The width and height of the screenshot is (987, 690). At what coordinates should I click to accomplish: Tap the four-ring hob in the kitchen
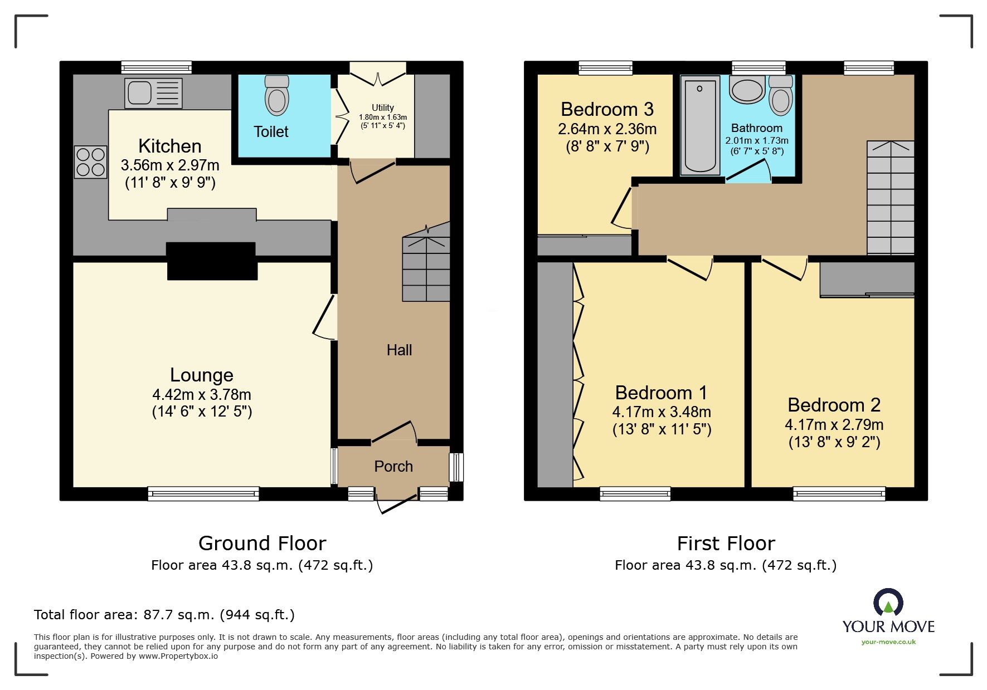click(90, 162)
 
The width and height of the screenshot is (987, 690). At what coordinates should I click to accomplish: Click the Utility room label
click(383, 107)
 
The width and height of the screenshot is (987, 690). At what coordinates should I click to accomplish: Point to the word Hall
click(399, 350)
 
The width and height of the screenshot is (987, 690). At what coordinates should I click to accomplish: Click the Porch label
click(393, 467)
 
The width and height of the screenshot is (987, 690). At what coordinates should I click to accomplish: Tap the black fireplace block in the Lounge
click(212, 261)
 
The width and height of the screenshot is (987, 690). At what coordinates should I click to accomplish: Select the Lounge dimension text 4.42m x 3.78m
click(202, 395)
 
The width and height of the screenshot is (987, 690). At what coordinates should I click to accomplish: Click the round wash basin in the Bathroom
click(747, 90)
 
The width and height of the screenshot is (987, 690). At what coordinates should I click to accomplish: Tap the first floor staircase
click(890, 198)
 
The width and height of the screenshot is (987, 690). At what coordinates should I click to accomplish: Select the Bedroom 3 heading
click(607, 109)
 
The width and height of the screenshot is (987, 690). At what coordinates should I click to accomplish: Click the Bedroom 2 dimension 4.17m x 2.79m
click(834, 425)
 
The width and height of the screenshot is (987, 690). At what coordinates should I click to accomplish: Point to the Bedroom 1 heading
click(661, 393)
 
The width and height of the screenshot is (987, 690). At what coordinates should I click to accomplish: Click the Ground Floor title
click(262, 544)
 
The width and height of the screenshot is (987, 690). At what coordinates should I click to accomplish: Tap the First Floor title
click(726, 544)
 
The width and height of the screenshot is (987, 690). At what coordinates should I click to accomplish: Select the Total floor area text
click(164, 615)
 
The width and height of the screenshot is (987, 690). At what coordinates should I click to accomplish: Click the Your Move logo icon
click(888, 604)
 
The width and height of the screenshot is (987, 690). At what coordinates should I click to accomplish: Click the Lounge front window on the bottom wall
click(203, 493)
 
